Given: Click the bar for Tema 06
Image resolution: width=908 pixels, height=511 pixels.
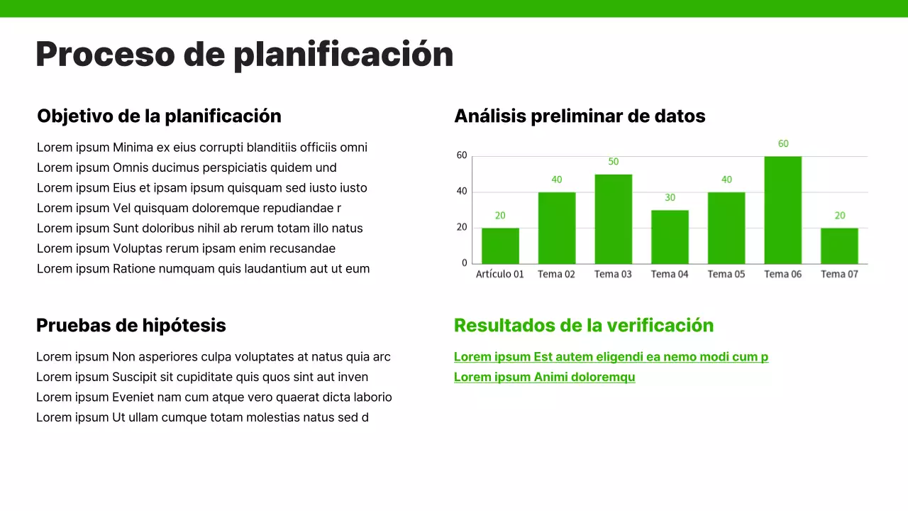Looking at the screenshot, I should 782,210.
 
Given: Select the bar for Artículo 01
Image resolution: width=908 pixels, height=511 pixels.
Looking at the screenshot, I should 500,246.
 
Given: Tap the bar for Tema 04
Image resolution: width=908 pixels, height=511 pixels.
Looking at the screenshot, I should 670,237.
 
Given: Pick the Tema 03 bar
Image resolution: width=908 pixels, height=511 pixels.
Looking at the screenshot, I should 613,219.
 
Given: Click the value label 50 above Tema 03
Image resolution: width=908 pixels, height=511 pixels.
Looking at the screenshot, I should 614,162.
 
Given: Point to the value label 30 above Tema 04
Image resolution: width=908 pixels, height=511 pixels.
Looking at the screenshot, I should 670,197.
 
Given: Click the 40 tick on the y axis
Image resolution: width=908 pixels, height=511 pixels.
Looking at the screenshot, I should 462,191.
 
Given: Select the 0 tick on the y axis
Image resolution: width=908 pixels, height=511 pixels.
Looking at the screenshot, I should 465,263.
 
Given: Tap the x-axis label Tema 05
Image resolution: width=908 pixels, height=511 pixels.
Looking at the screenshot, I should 726,274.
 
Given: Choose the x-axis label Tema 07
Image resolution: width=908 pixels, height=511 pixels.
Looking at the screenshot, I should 839,274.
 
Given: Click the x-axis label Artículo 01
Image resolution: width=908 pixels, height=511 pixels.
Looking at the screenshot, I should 499,274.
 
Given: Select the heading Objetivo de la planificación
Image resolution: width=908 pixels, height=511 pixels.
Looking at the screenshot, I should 159,116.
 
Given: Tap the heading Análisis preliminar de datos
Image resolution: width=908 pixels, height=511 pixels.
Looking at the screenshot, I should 580,116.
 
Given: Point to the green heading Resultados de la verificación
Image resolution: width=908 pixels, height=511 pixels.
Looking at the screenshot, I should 583,326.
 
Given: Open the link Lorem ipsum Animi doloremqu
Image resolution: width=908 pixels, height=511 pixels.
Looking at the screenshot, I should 544,378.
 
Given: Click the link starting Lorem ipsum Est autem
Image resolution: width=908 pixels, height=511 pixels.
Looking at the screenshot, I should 611,357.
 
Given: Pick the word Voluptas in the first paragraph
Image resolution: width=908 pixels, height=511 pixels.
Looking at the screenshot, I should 137,248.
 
